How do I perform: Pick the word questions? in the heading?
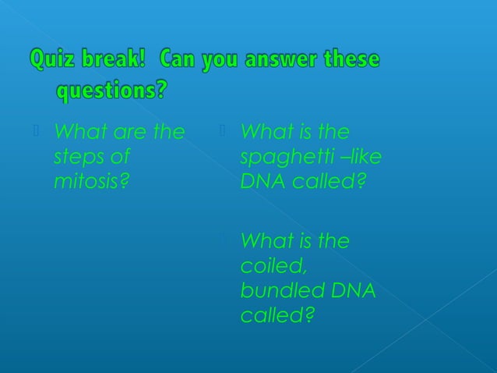(x=111, y=91)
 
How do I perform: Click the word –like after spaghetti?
(x=363, y=157)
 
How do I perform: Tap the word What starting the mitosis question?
(x=78, y=132)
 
